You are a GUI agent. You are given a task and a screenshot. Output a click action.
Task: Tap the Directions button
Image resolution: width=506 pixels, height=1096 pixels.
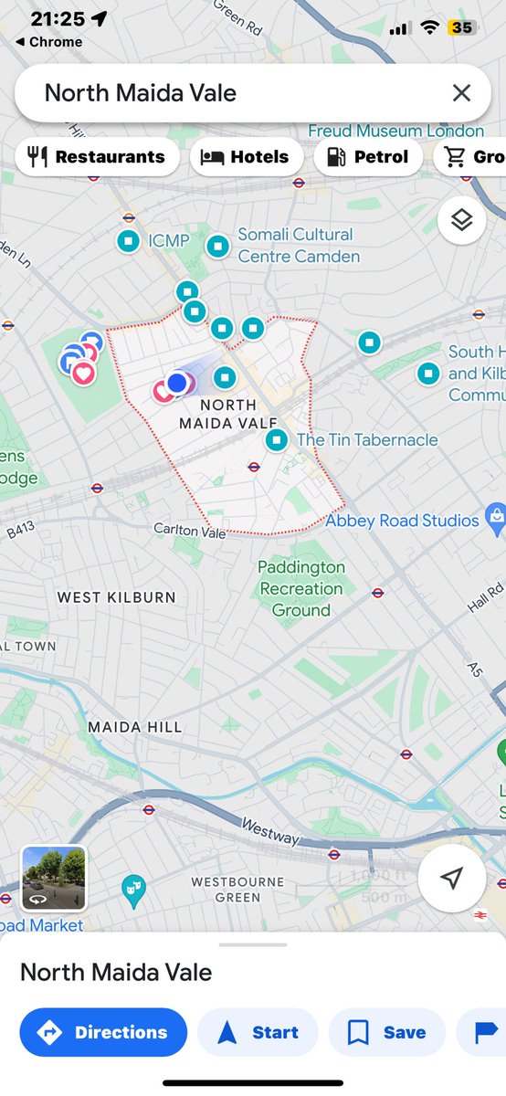pyautogui.click(x=103, y=1032)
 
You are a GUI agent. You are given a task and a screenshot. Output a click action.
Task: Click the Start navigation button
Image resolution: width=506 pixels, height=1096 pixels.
pyautogui.click(x=258, y=1032)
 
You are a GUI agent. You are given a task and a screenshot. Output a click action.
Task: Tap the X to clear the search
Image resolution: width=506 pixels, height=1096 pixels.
pyautogui.click(x=461, y=92)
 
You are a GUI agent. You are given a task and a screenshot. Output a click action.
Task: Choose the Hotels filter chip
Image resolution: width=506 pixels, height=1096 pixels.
pyautogui.click(x=246, y=157)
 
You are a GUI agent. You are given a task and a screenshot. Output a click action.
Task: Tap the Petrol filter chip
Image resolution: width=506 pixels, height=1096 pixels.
pyautogui.click(x=368, y=157)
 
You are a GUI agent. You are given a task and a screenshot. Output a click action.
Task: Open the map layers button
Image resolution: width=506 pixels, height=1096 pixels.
pyautogui.click(x=461, y=221)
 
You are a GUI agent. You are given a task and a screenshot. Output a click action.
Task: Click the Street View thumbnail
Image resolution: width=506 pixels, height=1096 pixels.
pyautogui.click(x=54, y=878)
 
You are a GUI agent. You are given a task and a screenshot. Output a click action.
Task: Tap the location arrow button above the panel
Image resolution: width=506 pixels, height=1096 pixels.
pyautogui.click(x=450, y=878)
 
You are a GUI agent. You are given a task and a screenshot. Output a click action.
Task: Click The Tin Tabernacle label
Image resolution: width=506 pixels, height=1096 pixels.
pyautogui.click(x=367, y=440)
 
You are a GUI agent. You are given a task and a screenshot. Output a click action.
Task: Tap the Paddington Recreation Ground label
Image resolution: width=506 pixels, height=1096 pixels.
pyautogui.click(x=301, y=588)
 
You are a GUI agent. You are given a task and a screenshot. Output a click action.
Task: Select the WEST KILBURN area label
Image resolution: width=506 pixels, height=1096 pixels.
pyautogui.click(x=116, y=597)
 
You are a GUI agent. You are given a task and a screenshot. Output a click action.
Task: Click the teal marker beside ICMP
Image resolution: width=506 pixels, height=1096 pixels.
pyautogui.click(x=129, y=241)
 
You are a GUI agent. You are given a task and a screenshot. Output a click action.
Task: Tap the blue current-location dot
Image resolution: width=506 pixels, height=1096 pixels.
pyautogui.click(x=177, y=383)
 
